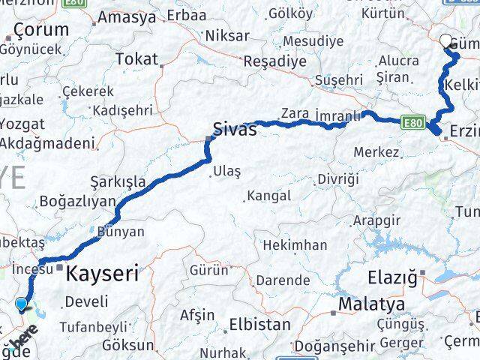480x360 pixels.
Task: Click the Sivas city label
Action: click(235, 128)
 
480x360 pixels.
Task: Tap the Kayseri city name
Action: click(102, 274)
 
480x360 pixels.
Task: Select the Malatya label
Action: click(371, 304)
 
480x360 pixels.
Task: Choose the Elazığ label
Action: click(391, 276)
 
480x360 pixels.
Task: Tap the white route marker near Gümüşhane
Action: click(446, 41)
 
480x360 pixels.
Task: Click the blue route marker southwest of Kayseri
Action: click(21, 304)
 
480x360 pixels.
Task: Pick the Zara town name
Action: click(295, 112)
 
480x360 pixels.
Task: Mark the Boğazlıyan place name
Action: click(78, 201)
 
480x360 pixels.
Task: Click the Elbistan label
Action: click(259, 325)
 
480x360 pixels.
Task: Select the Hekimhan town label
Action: click(295, 245)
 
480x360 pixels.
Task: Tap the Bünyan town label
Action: click(120, 232)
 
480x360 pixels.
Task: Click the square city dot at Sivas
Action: click(209, 137)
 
